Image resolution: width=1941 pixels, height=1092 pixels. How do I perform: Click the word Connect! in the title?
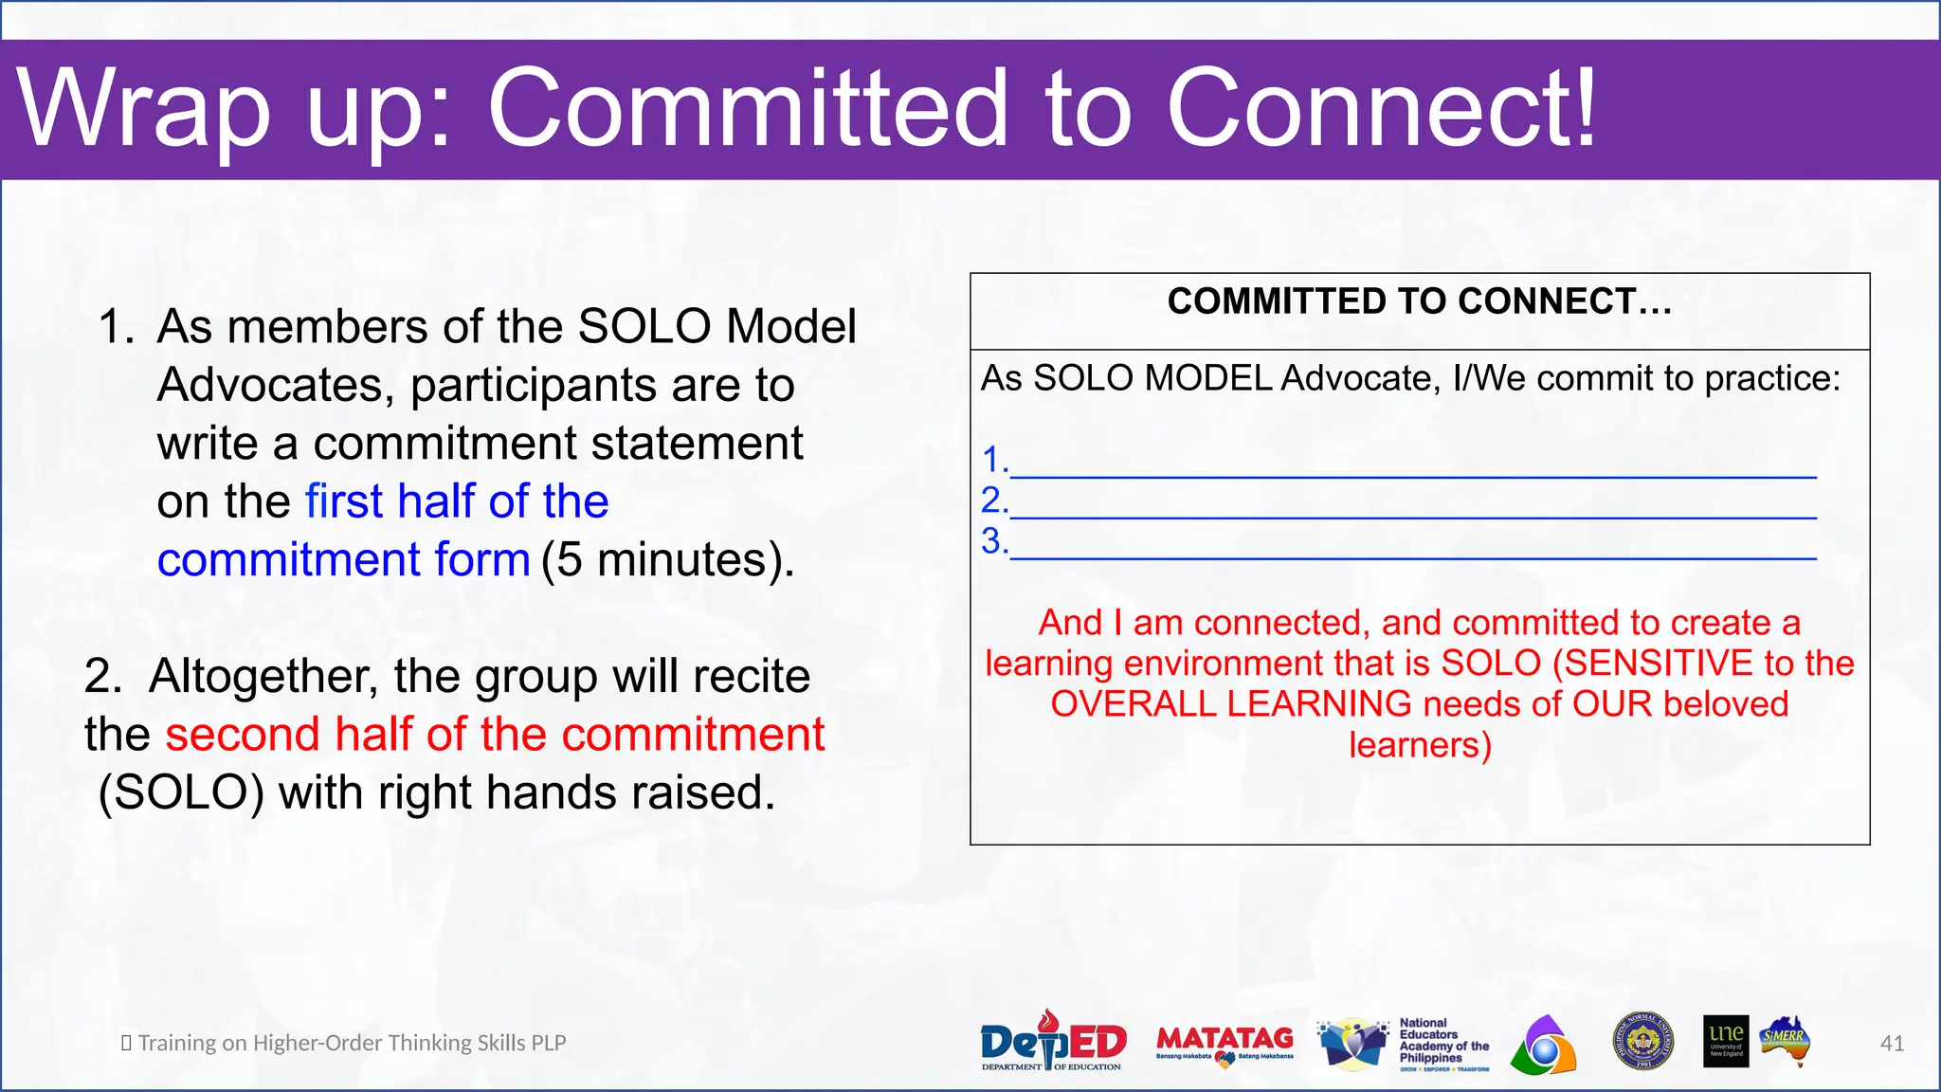pyautogui.click(x=1382, y=109)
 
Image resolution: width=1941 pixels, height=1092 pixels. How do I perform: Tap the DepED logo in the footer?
pyautogui.click(x=1052, y=1042)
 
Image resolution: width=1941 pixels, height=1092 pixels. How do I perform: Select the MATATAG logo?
pyautogui.click(x=1224, y=1042)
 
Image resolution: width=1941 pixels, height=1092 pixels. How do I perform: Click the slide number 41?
pyautogui.click(x=1892, y=1044)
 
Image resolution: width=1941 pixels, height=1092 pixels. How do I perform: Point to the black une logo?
pyautogui.click(x=1725, y=1042)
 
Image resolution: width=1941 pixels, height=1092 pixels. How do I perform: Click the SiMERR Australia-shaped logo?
pyautogui.click(x=1786, y=1042)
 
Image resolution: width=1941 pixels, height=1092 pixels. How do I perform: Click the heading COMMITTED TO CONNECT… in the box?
pyautogui.click(x=1419, y=301)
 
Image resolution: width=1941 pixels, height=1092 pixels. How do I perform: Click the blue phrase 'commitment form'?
pyautogui.click(x=343, y=559)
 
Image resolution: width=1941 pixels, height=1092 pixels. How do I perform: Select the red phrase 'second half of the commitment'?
pyautogui.click(x=495, y=735)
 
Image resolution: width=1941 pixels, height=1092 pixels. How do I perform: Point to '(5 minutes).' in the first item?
pyautogui.click(x=667, y=559)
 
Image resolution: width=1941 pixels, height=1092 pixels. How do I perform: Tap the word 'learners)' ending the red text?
pyautogui.click(x=1420, y=745)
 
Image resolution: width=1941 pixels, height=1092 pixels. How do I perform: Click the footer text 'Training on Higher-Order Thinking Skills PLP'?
pyautogui.click(x=352, y=1043)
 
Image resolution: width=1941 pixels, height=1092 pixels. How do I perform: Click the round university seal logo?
pyautogui.click(x=1642, y=1042)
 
